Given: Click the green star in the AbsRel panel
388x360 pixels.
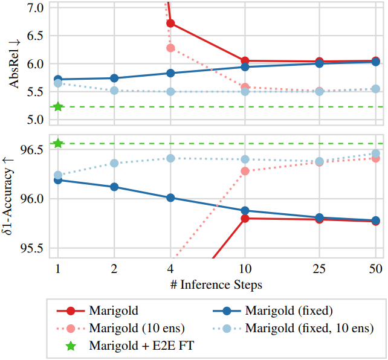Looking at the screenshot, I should click(58, 107).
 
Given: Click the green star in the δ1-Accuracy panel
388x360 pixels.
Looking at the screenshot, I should click(58, 143).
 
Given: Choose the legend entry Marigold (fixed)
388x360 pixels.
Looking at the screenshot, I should click(289, 312).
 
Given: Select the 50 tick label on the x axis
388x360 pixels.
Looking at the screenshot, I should click(375, 268).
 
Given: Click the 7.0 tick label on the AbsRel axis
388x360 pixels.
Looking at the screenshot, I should click(35, 8).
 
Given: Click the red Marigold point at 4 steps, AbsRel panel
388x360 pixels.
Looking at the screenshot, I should click(170, 23).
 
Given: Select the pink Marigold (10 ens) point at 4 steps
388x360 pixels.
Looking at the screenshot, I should click(170, 48).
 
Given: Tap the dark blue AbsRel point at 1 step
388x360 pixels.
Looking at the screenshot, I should click(58, 79).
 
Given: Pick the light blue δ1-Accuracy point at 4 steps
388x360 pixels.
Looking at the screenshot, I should click(170, 158).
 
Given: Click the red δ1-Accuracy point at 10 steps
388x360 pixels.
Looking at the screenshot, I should click(245, 218).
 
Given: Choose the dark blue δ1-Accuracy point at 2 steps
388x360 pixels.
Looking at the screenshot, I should click(114, 187).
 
